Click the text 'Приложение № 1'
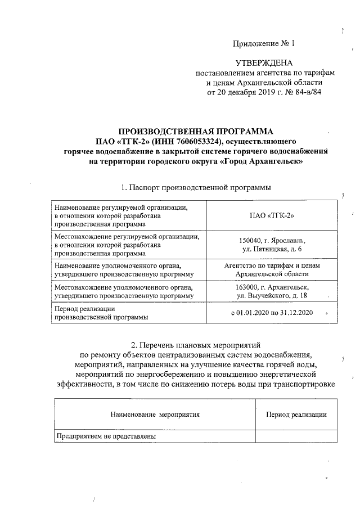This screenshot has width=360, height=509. (x=264, y=43)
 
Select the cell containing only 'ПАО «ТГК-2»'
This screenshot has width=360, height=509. (x=272, y=215)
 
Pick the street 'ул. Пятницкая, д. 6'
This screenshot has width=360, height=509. (x=272, y=249)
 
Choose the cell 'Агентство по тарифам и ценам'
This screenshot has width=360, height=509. (x=272, y=265)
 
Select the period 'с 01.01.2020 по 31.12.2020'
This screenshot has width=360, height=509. (x=272, y=313)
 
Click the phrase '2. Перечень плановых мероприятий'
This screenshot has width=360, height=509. (x=196, y=344)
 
